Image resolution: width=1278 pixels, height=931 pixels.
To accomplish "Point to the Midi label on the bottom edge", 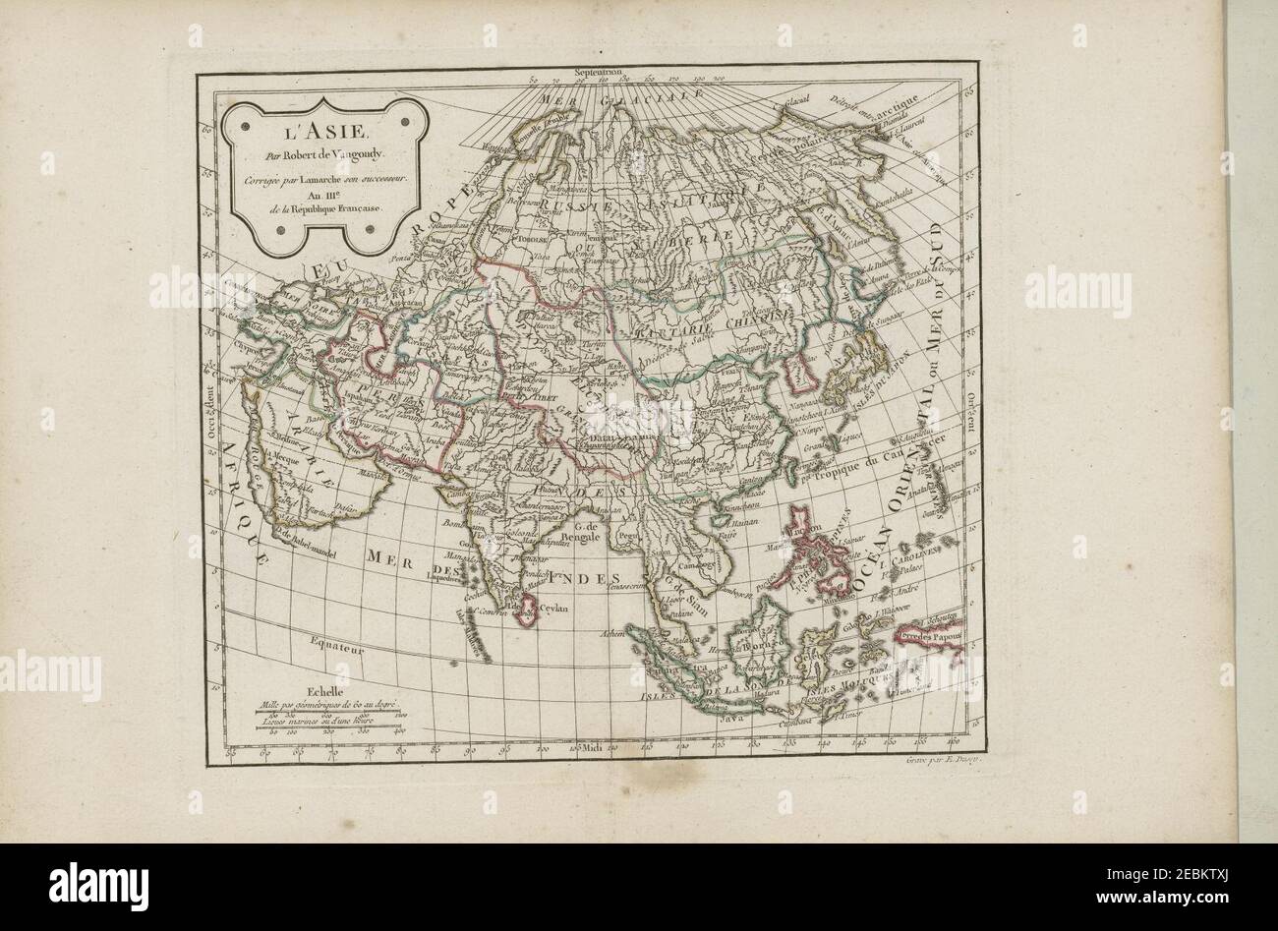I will coord(591,750).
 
